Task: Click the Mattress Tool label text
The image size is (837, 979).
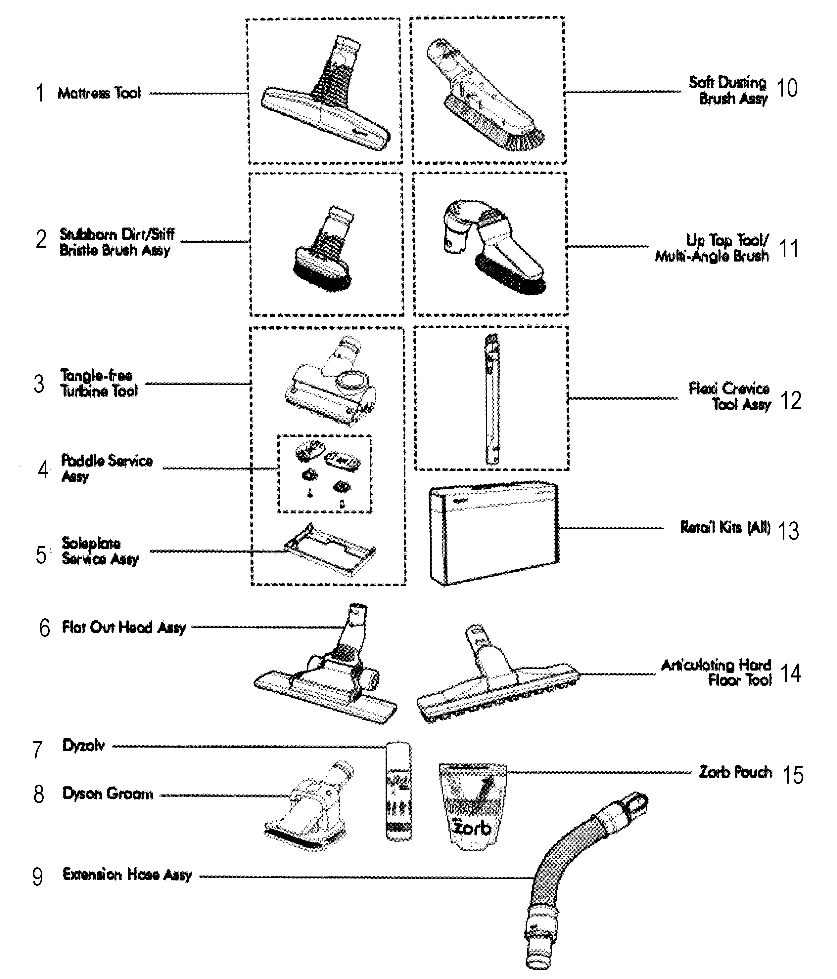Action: point(99,93)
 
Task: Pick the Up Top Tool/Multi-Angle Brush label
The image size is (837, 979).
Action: point(712,248)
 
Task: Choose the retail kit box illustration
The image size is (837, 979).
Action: point(494,534)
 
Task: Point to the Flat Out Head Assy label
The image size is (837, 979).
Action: point(124,628)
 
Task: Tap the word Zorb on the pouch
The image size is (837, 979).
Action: point(472,827)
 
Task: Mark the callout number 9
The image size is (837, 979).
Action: point(38,877)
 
